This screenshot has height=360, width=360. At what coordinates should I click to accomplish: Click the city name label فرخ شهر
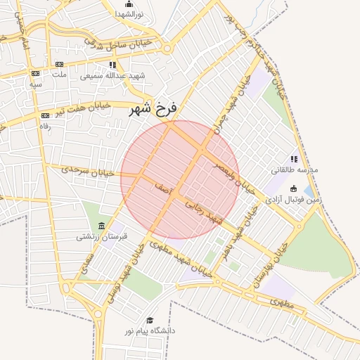(155, 110)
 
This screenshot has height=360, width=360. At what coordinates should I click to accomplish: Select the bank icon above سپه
(35, 73)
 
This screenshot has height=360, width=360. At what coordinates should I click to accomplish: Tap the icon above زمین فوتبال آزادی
(292, 188)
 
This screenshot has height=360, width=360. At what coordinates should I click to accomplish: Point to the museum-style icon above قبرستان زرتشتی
(103, 226)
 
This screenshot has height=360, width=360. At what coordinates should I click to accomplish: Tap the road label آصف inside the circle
(159, 185)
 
